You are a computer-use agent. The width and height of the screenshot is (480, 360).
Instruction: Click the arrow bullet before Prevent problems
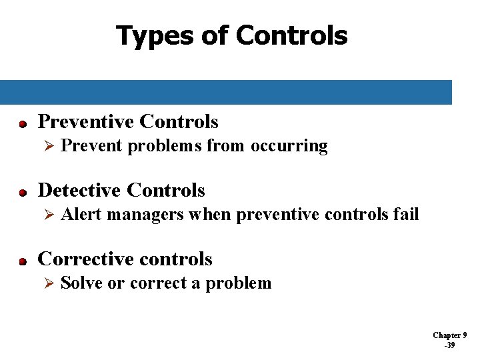[x=47, y=147]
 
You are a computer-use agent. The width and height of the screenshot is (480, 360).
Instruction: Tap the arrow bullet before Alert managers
[x=47, y=215]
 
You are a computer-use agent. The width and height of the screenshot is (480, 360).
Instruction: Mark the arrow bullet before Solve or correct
[x=47, y=284]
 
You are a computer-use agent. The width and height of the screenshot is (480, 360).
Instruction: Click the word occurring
[x=289, y=147]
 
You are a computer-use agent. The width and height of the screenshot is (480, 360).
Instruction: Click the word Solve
[x=81, y=283]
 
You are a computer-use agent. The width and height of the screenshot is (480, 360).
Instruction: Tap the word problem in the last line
[x=238, y=284]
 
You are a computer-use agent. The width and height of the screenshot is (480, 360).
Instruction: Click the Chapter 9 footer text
[x=449, y=335]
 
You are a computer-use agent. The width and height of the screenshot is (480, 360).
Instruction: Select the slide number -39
[x=449, y=345]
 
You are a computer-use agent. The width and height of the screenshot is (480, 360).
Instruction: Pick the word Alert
[x=81, y=215]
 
